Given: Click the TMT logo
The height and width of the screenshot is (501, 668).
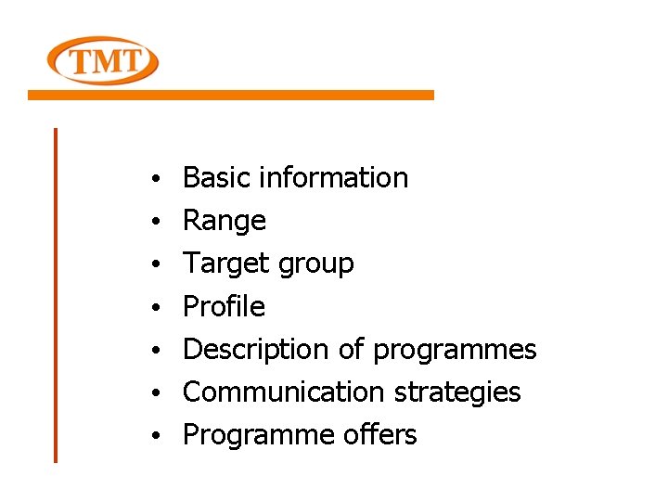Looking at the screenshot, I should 103,60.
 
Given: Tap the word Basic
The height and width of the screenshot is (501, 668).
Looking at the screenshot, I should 217,177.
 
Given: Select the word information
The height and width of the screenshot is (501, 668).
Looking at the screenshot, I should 334,177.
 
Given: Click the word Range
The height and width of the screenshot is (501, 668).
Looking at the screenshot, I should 225,221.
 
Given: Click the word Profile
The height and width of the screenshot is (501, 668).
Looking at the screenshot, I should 224,306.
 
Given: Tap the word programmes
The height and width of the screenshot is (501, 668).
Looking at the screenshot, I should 455,351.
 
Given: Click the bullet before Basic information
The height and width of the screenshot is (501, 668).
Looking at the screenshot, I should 160,178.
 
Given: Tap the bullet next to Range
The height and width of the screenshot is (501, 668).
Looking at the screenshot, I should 160,222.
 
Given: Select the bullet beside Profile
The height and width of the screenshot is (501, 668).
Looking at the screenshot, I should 160,307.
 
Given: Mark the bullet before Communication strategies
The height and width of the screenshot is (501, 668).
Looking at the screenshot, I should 160,392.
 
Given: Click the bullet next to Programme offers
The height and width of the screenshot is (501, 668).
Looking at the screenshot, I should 160,435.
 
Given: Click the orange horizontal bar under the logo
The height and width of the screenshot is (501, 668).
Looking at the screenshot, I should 231,95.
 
